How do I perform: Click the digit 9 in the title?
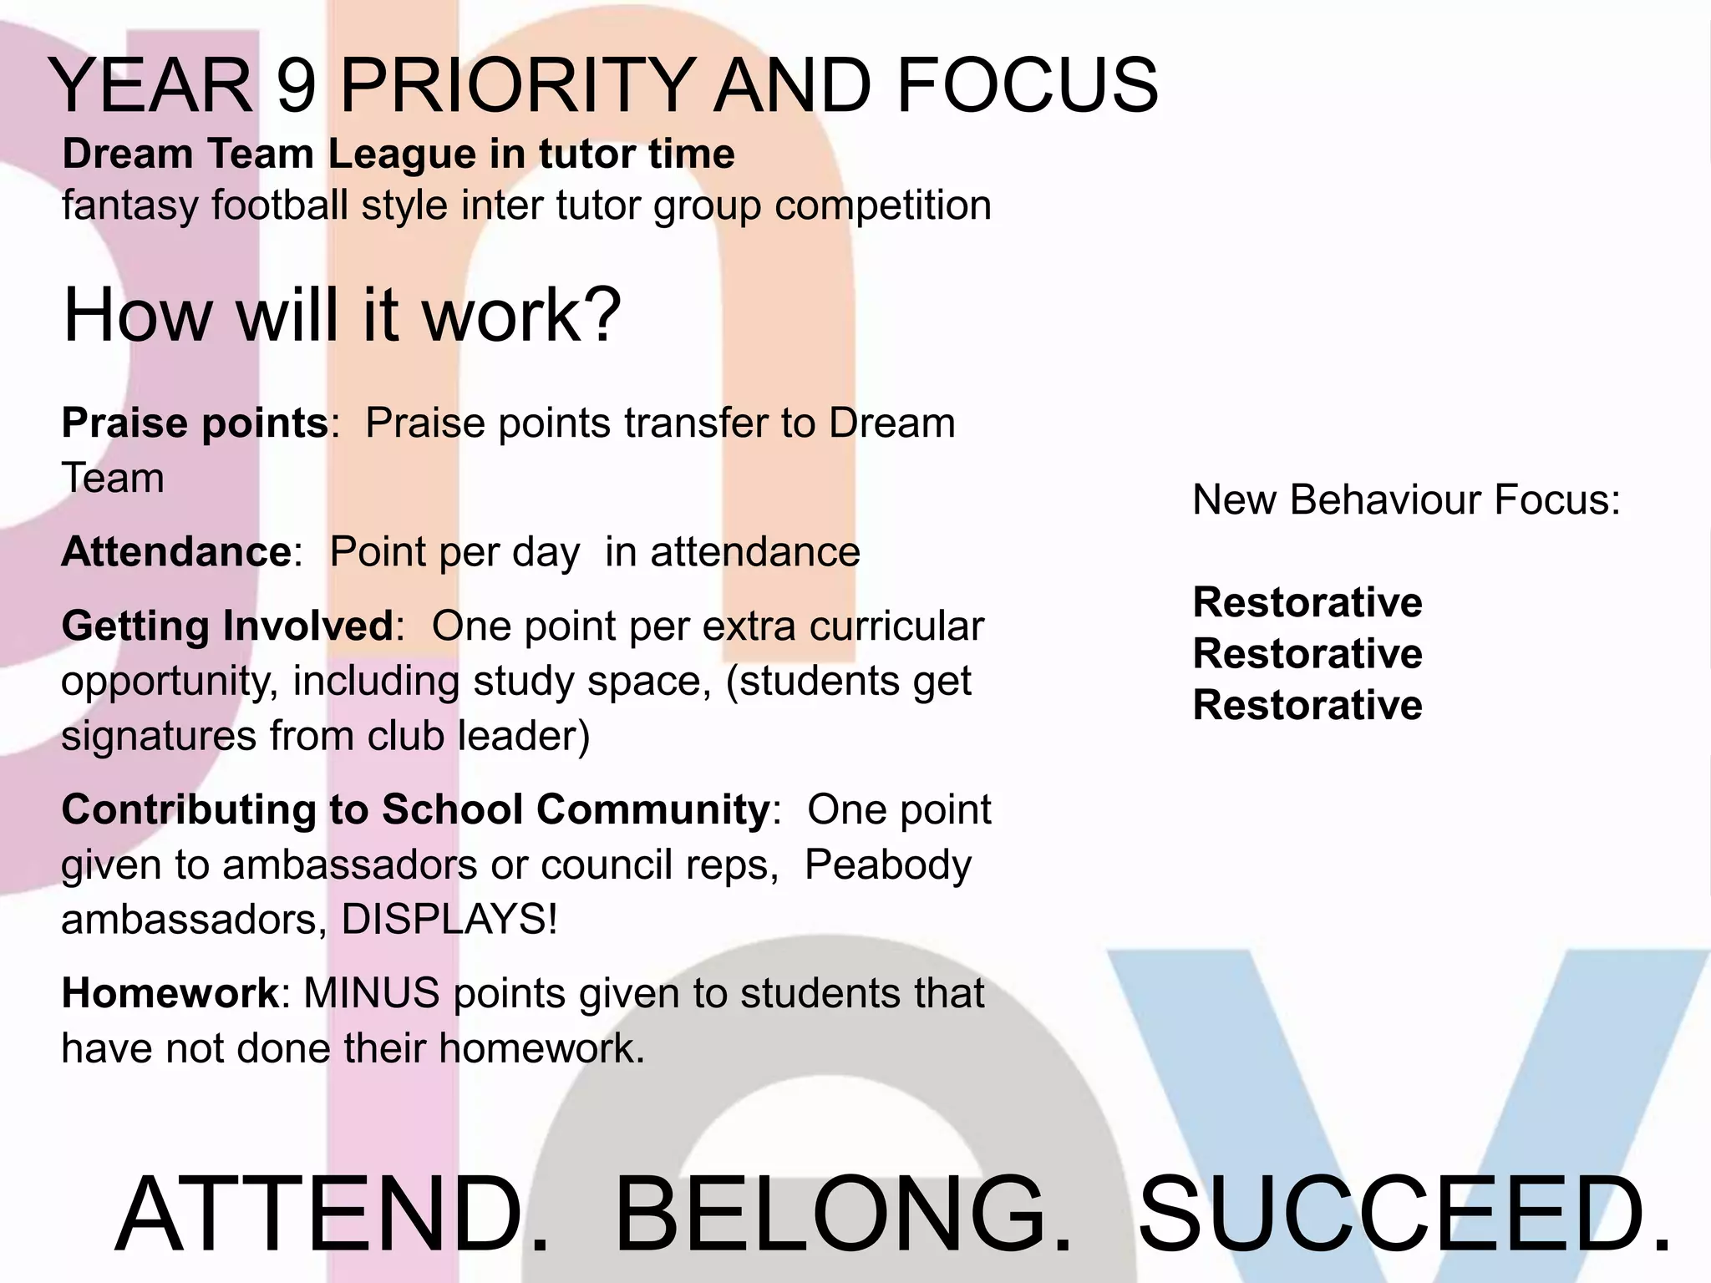(296, 85)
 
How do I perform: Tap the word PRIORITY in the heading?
(515, 85)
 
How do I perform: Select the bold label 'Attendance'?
(176, 552)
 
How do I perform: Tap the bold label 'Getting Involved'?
(226, 626)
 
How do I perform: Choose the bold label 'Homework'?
(170, 993)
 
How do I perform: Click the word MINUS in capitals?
(371, 993)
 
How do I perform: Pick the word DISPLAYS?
(449, 920)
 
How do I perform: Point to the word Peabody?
(887, 865)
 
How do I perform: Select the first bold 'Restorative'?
(1307, 602)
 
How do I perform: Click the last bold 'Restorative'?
(1307, 705)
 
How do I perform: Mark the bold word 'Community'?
(652, 809)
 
